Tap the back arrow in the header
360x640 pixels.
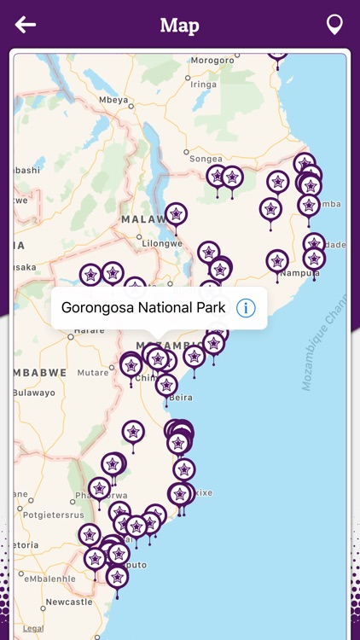(x=26, y=25)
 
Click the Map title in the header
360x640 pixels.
(x=179, y=25)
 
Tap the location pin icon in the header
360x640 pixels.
(x=335, y=25)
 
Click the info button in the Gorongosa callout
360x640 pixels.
(x=246, y=308)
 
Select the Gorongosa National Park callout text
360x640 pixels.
(x=143, y=308)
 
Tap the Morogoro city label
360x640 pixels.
(x=212, y=61)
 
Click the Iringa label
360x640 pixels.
(x=203, y=84)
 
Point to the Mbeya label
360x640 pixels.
(x=113, y=100)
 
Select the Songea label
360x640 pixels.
(x=206, y=159)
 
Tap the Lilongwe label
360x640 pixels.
(x=163, y=243)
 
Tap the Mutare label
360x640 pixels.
(x=93, y=373)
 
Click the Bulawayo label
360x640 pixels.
(x=34, y=393)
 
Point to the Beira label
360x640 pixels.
(x=182, y=398)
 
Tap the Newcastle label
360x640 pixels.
(x=69, y=602)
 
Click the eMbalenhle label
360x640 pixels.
(x=50, y=579)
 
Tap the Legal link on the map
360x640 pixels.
(x=32, y=629)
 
